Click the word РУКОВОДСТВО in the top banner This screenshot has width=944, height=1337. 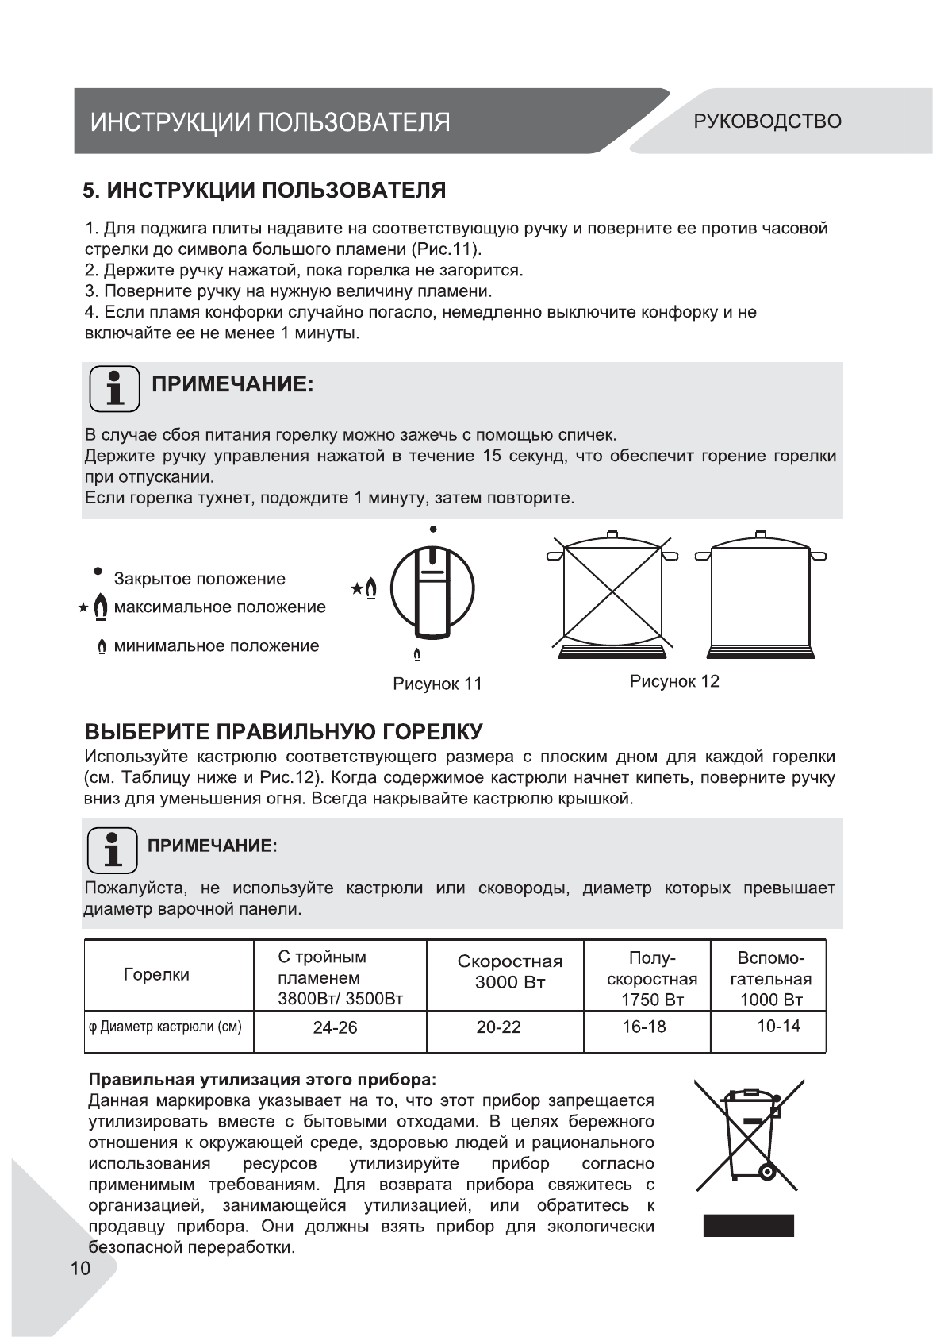click(x=767, y=121)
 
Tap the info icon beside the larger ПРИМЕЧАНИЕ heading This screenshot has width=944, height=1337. click(x=114, y=388)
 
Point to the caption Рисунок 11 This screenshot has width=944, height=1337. click(x=437, y=684)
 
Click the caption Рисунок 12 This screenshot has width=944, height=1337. click(x=674, y=681)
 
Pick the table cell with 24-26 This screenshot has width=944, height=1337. click(x=335, y=1027)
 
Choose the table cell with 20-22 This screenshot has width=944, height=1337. click(x=498, y=1027)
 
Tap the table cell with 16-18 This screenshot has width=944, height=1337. click(x=643, y=1027)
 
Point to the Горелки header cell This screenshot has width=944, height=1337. click(x=156, y=975)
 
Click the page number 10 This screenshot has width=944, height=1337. click(x=81, y=1268)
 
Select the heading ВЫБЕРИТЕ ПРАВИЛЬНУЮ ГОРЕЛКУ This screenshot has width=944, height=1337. click(x=283, y=731)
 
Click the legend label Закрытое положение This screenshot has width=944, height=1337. click(x=199, y=579)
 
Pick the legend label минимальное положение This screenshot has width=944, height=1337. click(x=216, y=645)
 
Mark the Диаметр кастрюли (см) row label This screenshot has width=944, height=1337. click(x=165, y=1027)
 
